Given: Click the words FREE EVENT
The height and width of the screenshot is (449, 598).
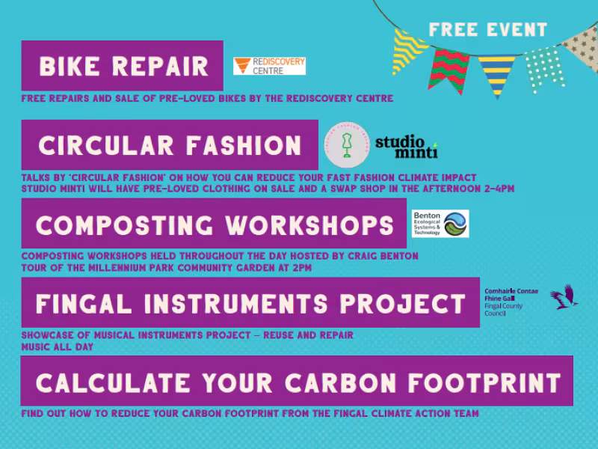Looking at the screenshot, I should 488,30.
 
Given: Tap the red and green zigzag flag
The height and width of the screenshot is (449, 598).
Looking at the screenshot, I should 449,69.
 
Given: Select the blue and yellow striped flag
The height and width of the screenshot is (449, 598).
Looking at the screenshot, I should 497,75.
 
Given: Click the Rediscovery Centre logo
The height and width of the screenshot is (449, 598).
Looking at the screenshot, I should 269,66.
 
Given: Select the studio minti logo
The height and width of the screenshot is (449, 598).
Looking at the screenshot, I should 406,146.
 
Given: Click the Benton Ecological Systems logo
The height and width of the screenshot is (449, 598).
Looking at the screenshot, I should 441,224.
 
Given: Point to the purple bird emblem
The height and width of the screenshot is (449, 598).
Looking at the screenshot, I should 564,297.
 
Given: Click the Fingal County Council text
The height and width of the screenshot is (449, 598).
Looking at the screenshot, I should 504,302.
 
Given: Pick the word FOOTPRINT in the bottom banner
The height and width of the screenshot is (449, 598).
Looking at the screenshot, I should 484,382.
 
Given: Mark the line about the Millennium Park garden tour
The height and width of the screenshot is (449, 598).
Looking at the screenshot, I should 166,266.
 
